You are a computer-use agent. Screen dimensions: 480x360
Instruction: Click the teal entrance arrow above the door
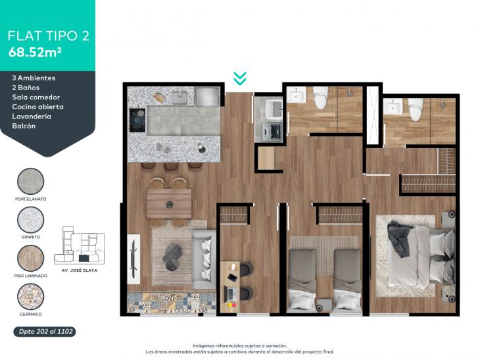point(240,78)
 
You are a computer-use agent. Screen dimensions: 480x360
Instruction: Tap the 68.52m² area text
point(35,53)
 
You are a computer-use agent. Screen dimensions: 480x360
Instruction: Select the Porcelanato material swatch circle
point(31,182)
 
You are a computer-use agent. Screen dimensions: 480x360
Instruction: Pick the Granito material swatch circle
point(31,220)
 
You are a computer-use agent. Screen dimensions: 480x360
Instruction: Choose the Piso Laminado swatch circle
point(31,258)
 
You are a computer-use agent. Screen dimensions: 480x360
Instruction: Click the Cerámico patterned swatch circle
point(31,297)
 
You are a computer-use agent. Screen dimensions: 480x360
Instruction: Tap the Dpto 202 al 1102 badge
point(45,332)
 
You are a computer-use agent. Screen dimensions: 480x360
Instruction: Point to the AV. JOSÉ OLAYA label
point(80,270)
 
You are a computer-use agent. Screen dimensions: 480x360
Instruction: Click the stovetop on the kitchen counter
point(137,120)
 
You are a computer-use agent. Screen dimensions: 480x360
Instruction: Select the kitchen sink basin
point(180,98)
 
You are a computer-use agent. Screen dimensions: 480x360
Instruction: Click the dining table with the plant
point(169,203)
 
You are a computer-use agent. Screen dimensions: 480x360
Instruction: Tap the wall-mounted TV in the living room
point(133,259)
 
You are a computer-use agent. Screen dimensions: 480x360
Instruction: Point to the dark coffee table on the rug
point(172,257)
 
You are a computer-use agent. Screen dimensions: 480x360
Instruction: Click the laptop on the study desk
point(230,294)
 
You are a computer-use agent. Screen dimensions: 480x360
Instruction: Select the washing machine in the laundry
point(272,132)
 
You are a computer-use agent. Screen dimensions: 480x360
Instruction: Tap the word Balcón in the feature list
point(24,126)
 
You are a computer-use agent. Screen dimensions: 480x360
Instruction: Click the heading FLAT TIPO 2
point(49,36)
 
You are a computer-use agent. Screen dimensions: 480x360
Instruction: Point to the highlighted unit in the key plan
point(84,258)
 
